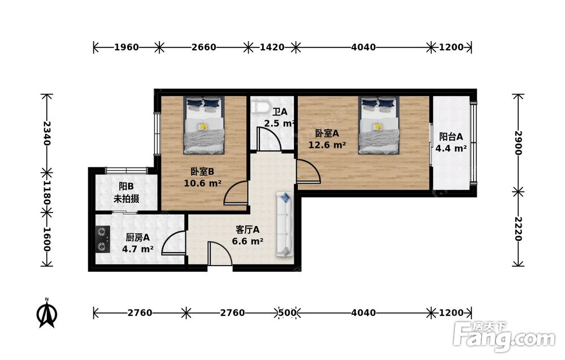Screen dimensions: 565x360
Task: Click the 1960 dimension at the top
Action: [x=127, y=47]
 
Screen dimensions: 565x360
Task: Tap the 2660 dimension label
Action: [x=204, y=47]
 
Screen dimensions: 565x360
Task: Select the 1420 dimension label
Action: [x=272, y=47]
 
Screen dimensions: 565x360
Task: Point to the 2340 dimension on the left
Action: [x=47, y=133]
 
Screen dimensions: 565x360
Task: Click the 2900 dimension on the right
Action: [x=518, y=143]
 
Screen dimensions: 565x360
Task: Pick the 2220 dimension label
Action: [x=518, y=229]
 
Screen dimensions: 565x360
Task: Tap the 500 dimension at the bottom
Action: [x=287, y=313]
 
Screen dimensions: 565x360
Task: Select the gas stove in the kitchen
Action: [x=103, y=238]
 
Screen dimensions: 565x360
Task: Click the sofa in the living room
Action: [x=285, y=224]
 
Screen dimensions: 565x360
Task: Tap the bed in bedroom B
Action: [x=203, y=125]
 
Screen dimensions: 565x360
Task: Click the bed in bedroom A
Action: [x=379, y=125]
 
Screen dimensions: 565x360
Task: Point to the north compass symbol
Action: [x=47, y=313]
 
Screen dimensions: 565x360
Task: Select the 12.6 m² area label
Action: [x=327, y=145]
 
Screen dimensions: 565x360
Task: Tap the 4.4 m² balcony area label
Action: [x=451, y=148]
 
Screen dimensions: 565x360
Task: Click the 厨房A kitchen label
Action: [x=138, y=237]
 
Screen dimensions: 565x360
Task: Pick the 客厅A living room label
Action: [x=247, y=229]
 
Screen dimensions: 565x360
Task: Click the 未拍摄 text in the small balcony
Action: [x=127, y=198]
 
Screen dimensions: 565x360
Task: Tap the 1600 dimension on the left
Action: [x=47, y=240]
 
